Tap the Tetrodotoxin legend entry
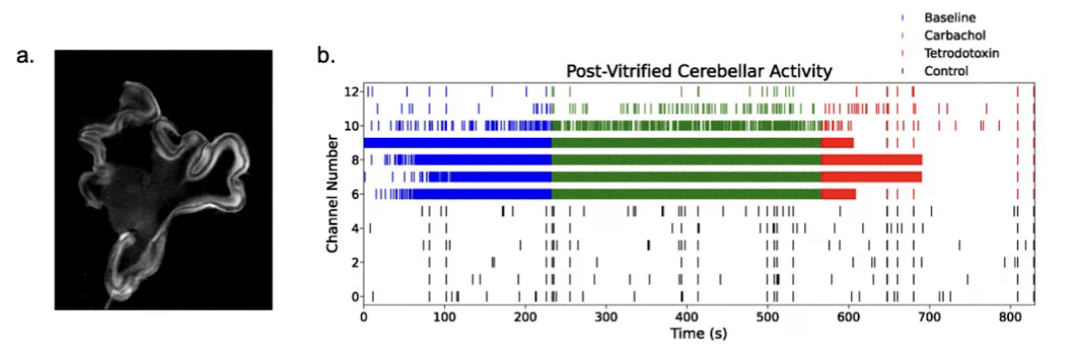coord(956,53)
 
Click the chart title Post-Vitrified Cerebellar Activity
coord(698,72)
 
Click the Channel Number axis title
coord(332,192)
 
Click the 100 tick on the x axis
coord(444,316)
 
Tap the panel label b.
coord(327,56)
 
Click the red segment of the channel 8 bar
coord(871,159)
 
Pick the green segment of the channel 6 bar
coord(685,194)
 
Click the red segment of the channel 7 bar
coord(871,177)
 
